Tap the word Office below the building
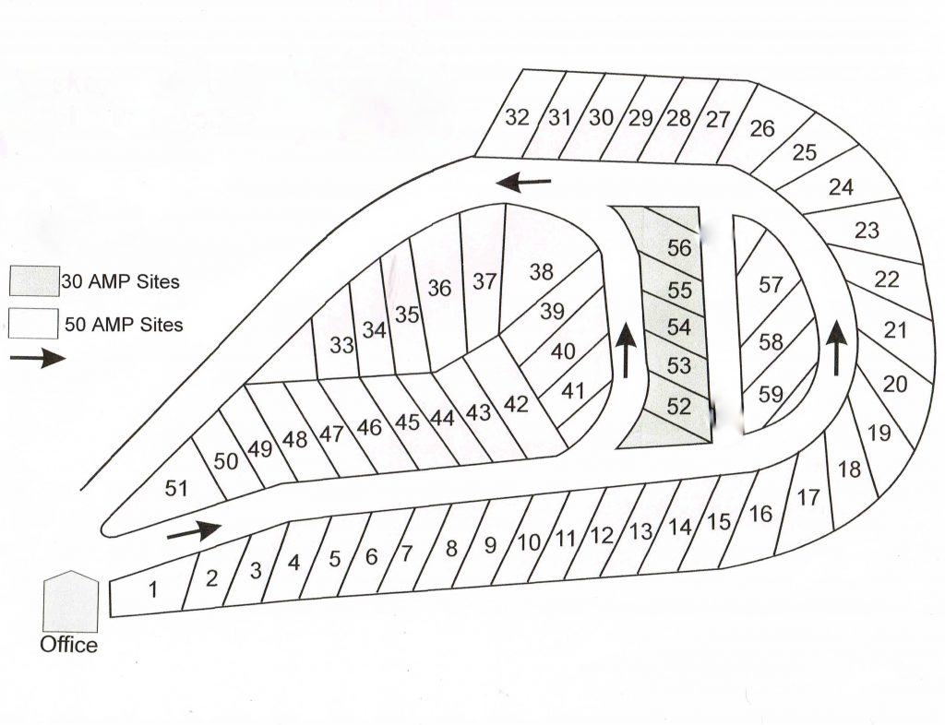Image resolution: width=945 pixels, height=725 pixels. (68, 645)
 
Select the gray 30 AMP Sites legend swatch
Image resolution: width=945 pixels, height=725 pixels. (34, 280)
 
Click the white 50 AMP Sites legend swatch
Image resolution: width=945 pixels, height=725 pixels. (34, 324)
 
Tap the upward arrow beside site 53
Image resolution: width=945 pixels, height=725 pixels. (627, 351)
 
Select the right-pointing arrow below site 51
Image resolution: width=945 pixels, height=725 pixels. (195, 530)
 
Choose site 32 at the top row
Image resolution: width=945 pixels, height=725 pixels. (518, 118)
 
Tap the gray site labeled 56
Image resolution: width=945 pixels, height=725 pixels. (678, 248)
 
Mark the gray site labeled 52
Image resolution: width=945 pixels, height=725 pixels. (678, 406)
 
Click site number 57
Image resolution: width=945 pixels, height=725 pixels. (771, 285)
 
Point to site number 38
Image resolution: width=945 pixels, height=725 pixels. (542, 272)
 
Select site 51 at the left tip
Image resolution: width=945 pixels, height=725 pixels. (176, 488)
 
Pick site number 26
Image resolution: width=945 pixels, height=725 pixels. (762, 128)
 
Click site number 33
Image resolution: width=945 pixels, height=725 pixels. (341, 346)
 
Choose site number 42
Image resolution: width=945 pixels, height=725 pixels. (517, 404)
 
